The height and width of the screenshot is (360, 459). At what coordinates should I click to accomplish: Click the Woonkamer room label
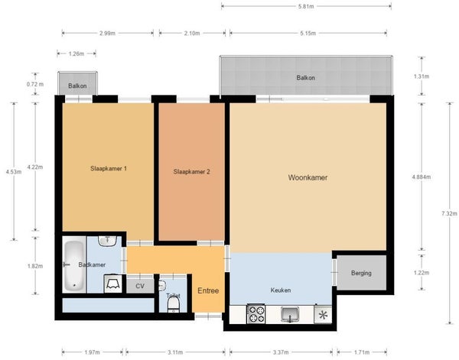coord(308,177)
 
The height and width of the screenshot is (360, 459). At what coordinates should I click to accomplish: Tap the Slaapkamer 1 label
coord(109,168)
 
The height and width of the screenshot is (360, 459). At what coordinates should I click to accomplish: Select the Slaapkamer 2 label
coord(191,172)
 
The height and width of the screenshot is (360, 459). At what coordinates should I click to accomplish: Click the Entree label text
coord(208,290)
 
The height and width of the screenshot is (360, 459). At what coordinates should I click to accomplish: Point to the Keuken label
coord(281,290)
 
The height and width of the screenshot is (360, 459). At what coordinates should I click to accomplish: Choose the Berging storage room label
coord(361,273)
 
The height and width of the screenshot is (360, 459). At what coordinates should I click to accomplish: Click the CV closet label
coord(140,286)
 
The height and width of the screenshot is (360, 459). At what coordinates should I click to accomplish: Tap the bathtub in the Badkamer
coord(74,265)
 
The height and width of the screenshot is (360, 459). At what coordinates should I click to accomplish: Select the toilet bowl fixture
coord(174,305)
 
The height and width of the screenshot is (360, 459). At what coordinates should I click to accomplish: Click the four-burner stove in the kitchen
coord(256,314)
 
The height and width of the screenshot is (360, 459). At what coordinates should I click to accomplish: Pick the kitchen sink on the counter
coord(290,314)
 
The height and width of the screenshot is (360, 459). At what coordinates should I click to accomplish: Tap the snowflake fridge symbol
coord(323,315)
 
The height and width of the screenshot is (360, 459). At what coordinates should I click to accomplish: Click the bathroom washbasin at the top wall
coord(107,241)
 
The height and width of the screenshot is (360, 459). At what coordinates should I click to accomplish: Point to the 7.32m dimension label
coord(449,213)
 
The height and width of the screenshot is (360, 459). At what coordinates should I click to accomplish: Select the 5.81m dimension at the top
coord(306,6)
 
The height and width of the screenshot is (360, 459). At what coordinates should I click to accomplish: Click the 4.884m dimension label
coord(422,177)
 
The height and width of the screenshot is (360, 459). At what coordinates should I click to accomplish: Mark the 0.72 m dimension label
coord(35,84)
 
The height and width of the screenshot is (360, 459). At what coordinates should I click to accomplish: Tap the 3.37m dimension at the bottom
coord(281,352)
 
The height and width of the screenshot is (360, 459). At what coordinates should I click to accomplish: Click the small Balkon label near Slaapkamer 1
coord(77,86)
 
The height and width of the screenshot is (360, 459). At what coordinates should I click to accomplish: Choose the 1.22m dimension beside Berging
coord(422,273)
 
